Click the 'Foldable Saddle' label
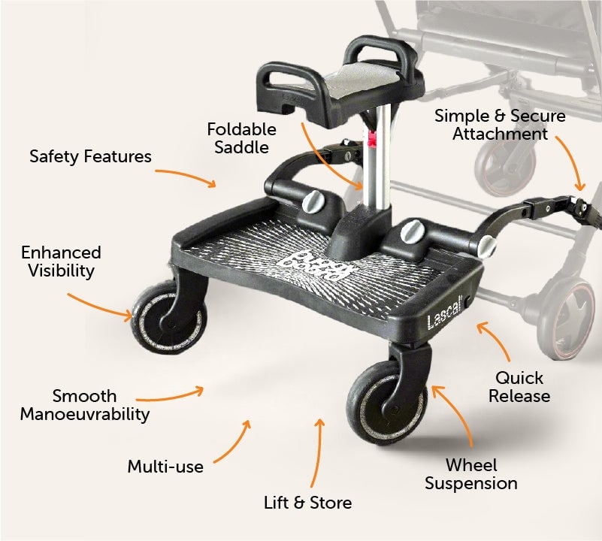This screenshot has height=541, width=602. pos(241,138)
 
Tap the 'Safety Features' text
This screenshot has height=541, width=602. pos(91,156)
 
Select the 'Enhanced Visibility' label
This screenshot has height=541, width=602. pos(61,261)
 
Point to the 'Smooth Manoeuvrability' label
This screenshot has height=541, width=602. pos(85,405)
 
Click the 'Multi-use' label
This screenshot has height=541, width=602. pos(165,467)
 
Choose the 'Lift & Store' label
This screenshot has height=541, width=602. pos(308,503)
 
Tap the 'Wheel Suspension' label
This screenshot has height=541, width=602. pos(471,474)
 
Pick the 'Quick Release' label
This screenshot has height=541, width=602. pos(519,387)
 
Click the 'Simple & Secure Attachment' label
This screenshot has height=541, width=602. pos(500,125)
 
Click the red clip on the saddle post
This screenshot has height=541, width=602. pos(371,138)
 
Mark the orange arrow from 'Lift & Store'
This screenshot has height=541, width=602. pos(317,453)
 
